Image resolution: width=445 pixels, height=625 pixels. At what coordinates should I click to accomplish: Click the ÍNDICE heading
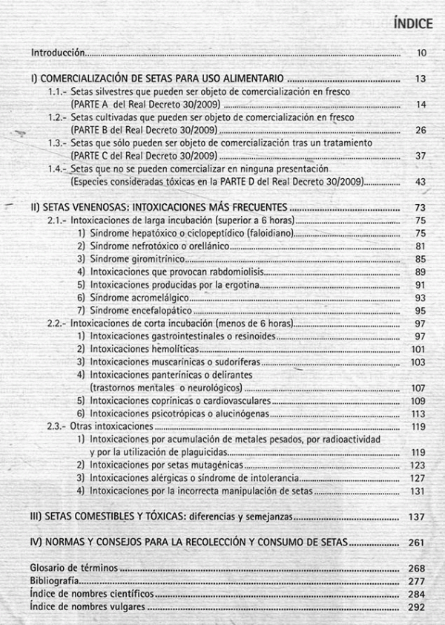pyautogui.click(x=413, y=23)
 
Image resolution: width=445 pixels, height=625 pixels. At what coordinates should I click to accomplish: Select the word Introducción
pyautogui.click(x=57, y=53)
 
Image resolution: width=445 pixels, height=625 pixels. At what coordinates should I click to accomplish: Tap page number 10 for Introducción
pyautogui.click(x=421, y=53)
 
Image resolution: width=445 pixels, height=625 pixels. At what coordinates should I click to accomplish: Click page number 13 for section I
pyautogui.click(x=421, y=79)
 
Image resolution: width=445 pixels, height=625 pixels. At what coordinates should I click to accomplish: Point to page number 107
pyautogui.click(x=418, y=387)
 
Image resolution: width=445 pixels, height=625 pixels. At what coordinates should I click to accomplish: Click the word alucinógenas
pyautogui.click(x=240, y=413)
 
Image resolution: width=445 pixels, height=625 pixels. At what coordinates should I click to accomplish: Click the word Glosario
pyautogui.click(x=49, y=568)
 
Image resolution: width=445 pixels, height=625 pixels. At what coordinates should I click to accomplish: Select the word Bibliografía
pyautogui.click(x=54, y=581)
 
